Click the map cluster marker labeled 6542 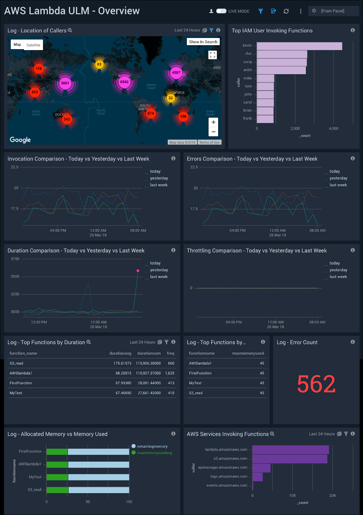pyautogui.click(x=124, y=82)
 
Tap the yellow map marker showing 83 pyautogui.click(x=99, y=64)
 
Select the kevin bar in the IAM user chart pyautogui.click(x=299, y=46)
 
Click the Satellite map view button pyautogui.click(x=33, y=45)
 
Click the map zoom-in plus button pyautogui.click(x=213, y=122)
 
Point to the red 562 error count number pyautogui.click(x=316, y=384)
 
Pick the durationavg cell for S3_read pyautogui.click(x=122, y=363)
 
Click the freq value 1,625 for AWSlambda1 pyautogui.click(x=170, y=373)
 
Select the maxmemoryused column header pyautogui.click(x=248, y=353)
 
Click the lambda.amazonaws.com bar pyautogui.click(x=290, y=450)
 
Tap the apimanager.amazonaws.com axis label pyautogui.click(x=223, y=467)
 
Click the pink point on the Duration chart pyautogui.click(x=138, y=271)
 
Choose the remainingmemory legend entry pyautogui.click(x=152, y=446)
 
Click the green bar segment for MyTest pyautogui.click(x=57, y=477)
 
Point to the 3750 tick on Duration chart pyautogui.click(x=15, y=259)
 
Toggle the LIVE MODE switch pyautogui.click(x=221, y=11)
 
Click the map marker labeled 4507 pyautogui.click(x=176, y=72)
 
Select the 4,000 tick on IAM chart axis pyautogui.click(x=333, y=128)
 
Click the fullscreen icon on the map pyautogui.click(x=212, y=55)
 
